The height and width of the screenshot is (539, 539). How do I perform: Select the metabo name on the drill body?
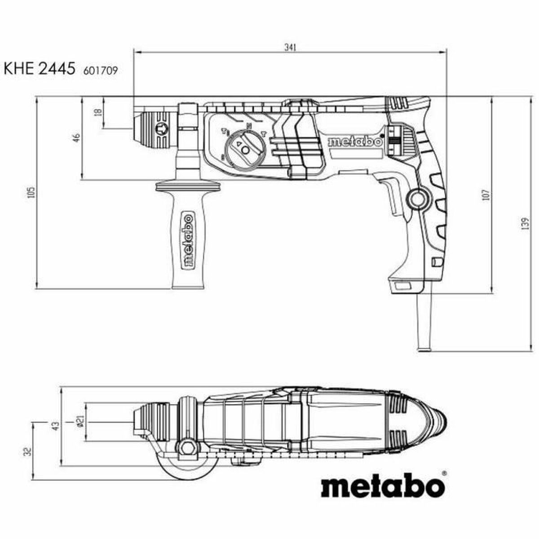tap(355, 142)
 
